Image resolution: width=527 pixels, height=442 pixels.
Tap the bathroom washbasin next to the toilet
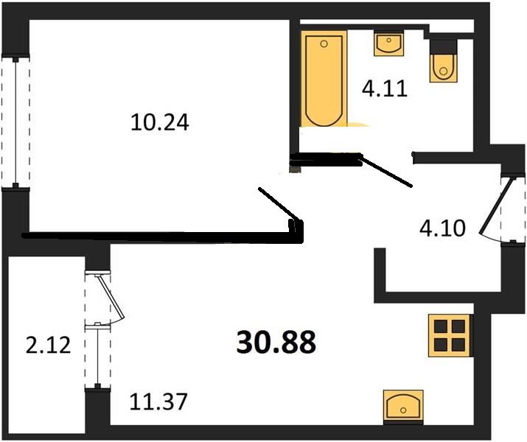388,43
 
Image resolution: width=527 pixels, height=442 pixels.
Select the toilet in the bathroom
442,63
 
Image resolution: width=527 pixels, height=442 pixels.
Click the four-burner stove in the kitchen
449,335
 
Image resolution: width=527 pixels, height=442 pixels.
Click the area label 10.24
160,122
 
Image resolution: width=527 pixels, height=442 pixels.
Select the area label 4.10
442,228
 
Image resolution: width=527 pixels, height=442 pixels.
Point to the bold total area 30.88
276,342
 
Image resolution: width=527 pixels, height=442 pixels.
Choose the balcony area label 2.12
47,344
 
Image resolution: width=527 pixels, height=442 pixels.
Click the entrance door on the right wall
492,206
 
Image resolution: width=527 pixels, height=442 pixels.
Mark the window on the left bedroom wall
15,122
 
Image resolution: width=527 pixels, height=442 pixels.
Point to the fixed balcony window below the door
97,357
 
